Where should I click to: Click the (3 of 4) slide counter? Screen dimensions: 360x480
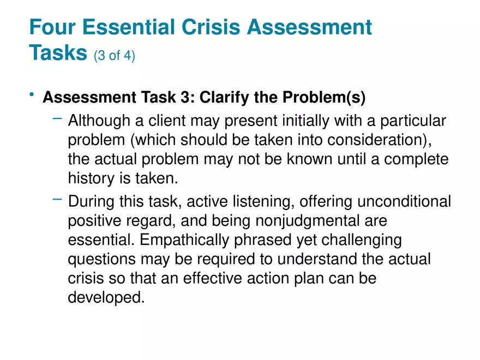point(114,55)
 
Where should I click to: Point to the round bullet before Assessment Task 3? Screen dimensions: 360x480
point(33,97)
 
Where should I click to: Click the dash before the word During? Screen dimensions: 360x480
point(58,200)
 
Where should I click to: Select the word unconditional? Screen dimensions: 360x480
point(404,202)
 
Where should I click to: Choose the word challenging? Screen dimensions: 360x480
point(355,241)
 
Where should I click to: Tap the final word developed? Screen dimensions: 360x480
point(106,298)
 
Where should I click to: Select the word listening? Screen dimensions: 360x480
point(231,202)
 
